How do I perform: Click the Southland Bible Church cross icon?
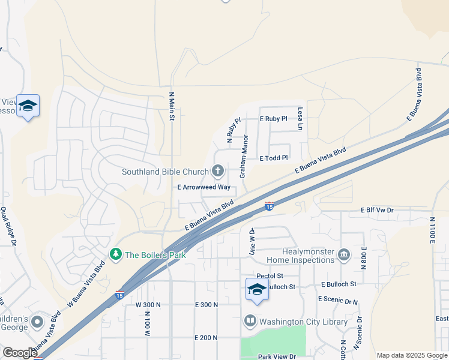[218, 172]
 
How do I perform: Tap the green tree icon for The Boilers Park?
[115, 255]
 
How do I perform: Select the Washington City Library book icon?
[250, 322]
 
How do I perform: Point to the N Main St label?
[171, 106]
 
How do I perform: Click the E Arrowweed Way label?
[204, 187]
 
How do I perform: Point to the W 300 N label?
[148, 305]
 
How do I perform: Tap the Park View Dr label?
[277, 356]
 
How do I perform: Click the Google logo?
[19, 353]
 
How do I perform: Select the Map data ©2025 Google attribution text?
[411, 355]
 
